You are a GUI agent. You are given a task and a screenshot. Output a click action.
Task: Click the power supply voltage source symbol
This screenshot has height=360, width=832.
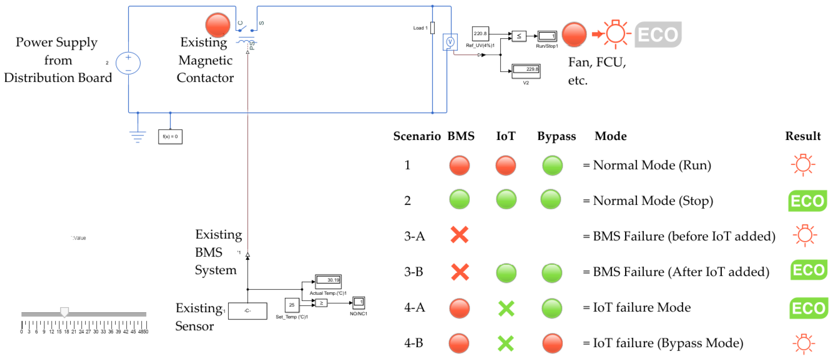(128, 63)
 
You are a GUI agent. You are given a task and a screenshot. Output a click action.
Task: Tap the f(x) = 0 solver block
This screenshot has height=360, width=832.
(170, 136)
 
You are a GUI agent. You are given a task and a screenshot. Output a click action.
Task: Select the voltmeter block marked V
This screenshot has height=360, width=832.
(450, 42)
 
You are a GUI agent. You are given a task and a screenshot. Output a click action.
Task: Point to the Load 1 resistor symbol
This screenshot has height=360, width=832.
(433, 28)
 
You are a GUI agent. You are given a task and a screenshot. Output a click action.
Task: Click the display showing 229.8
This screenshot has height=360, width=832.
(526, 71)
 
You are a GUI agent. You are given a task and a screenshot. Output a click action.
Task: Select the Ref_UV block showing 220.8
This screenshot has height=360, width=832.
(480, 34)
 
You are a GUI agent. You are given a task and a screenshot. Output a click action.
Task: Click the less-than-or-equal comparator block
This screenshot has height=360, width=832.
(519, 36)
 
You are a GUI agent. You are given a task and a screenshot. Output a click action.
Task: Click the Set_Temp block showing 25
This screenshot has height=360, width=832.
(292, 305)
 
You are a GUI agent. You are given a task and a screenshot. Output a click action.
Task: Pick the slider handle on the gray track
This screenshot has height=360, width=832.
(65, 312)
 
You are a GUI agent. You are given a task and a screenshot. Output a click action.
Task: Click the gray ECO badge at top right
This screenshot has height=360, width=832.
(658, 35)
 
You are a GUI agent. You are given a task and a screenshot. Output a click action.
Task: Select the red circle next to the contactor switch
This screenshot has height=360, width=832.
(218, 25)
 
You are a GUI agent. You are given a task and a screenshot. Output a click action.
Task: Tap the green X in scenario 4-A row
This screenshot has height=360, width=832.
(506, 308)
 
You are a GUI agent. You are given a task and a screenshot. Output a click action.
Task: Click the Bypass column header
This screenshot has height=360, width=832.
(556, 136)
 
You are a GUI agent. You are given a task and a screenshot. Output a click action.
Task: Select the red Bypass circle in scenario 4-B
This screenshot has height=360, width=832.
(552, 343)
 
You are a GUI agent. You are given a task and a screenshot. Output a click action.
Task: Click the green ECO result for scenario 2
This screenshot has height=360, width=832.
(807, 201)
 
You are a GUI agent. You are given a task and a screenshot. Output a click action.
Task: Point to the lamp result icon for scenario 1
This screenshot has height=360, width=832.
(803, 165)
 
